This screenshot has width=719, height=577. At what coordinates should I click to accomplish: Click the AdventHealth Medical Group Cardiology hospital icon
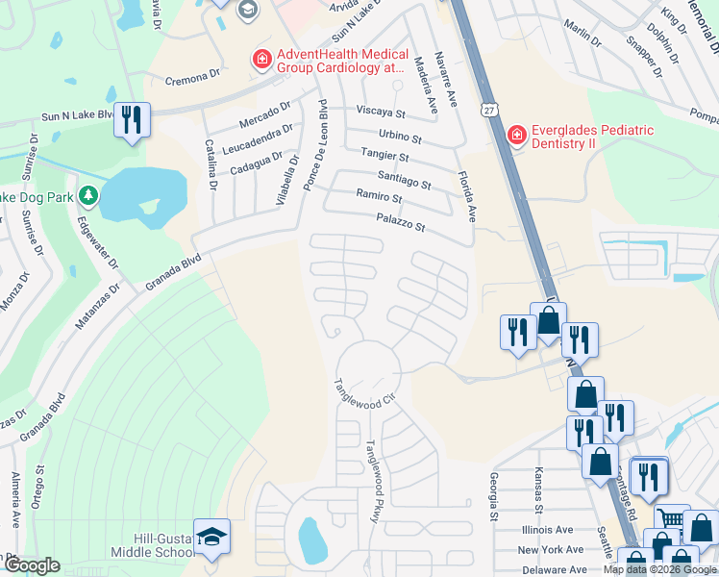(x=261, y=61)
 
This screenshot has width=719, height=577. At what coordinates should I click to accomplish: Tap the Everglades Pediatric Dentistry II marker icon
(x=517, y=136)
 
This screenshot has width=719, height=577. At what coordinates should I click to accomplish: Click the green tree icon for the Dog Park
(x=88, y=197)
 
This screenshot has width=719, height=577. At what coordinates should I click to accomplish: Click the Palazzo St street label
(x=400, y=226)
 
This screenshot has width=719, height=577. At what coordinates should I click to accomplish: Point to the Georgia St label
(x=493, y=496)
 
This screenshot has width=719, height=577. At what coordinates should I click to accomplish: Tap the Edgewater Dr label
(x=96, y=243)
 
